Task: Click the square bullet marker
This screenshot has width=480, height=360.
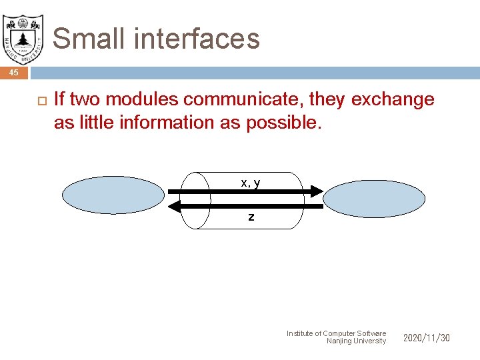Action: [x=38, y=101]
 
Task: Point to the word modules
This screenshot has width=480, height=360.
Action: [x=141, y=100]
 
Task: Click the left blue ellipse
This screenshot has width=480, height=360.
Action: [x=113, y=196]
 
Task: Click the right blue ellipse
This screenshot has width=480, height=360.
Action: [x=374, y=198]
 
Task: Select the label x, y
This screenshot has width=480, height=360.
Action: [x=251, y=182]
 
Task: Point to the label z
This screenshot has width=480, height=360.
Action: [x=251, y=217]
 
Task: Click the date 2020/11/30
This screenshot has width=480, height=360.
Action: [x=426, y=338]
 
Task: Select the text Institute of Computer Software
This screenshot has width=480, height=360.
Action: [x=336, y=333]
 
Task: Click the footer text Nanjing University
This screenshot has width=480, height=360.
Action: [x=356, y=341]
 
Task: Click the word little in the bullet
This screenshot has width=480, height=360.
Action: [x=91, y=123]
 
